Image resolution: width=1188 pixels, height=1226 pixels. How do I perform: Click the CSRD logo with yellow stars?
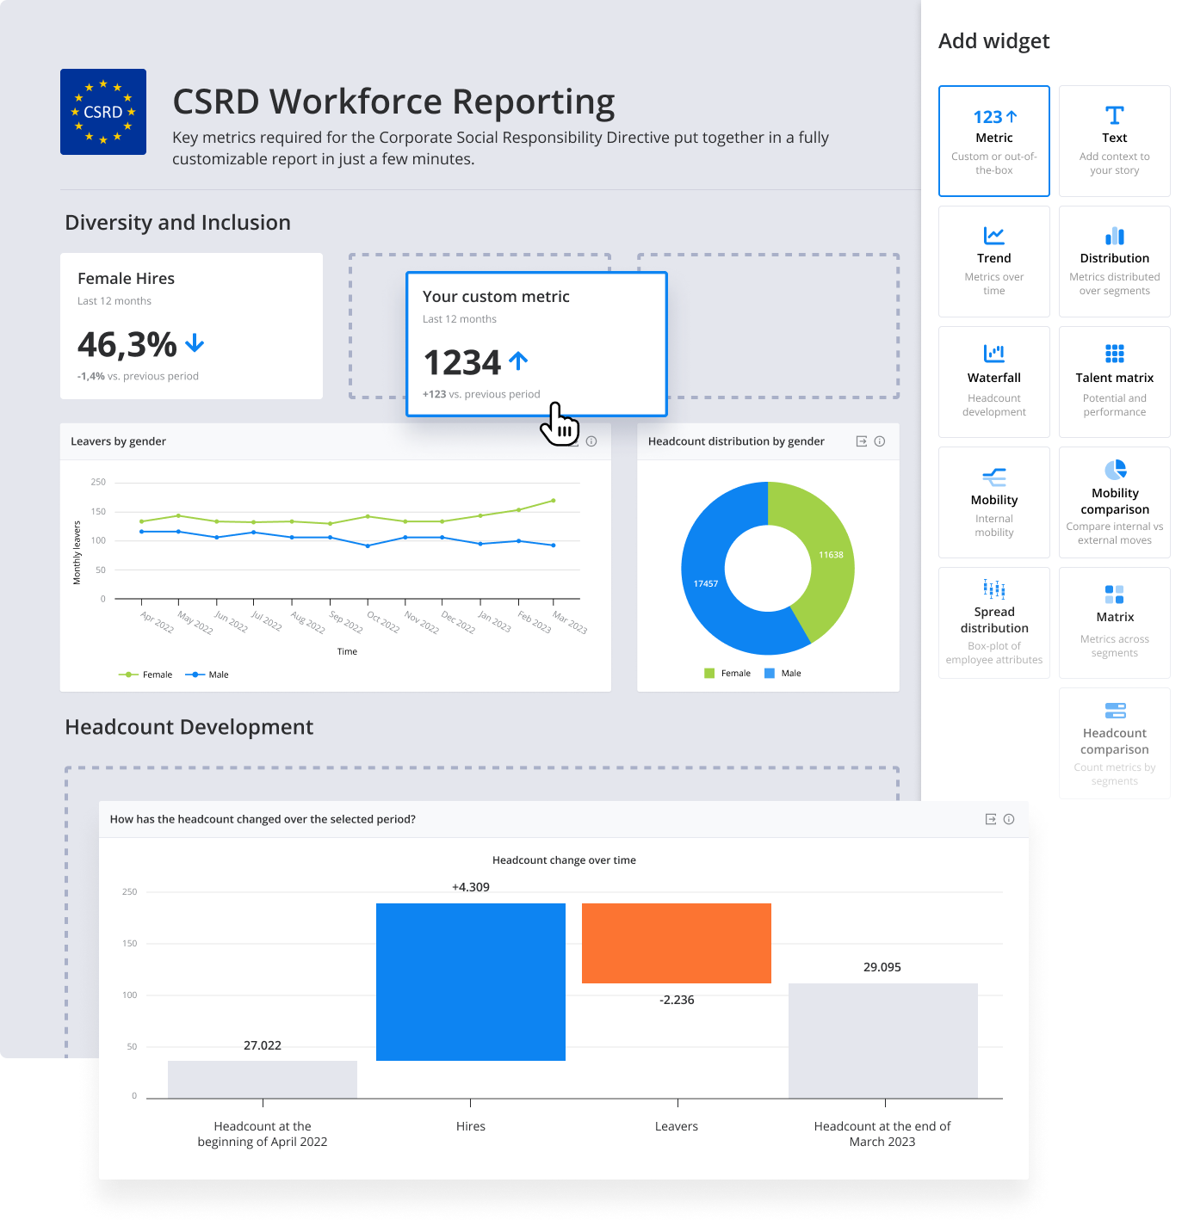[x=103, y=112]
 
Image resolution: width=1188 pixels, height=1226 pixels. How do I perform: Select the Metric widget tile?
[x=994, y=141]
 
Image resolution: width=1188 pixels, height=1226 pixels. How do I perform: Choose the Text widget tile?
[x=1115, y=141]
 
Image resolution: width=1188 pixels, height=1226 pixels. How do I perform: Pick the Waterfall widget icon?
[x=994, y=353]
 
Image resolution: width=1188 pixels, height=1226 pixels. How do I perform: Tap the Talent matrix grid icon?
[x=1115, y=353]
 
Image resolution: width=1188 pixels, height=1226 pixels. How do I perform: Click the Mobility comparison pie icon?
[x=1116, y=469]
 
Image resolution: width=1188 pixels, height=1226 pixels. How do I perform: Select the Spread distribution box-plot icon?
[x=994, y=589]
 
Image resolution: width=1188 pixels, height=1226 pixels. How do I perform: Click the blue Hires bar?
[x=471, y=982]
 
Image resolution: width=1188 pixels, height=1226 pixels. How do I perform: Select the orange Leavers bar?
[x=677, y=943]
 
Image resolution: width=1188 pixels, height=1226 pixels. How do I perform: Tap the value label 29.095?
[x=882, y=967]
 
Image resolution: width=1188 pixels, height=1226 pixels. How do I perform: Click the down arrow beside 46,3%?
[x=195, y=343]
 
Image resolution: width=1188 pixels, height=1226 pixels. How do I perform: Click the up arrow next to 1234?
[x=518, y=360]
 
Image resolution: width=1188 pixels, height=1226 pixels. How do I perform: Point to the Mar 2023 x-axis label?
[x=570, y=623]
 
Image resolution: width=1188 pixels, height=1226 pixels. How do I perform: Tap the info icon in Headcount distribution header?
[x=880, y=441]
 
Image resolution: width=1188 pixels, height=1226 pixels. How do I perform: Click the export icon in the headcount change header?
[x=991, y=819]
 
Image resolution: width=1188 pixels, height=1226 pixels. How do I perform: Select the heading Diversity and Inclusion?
[x=178, y=223]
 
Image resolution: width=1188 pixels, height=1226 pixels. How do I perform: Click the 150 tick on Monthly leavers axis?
[x=99, y=512]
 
